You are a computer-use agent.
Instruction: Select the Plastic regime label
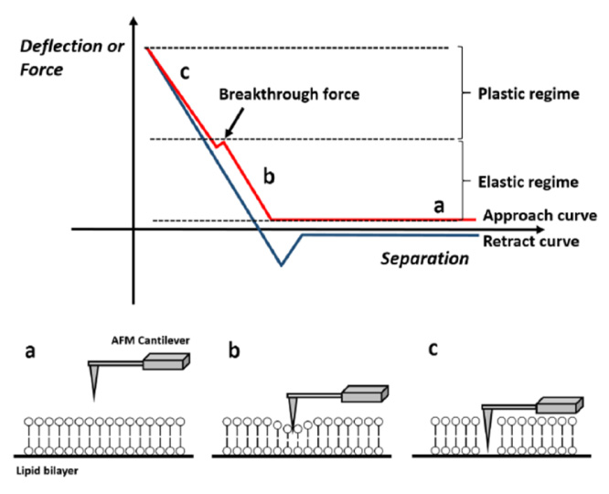517,93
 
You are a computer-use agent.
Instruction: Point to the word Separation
424,259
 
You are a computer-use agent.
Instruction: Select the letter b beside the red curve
269,176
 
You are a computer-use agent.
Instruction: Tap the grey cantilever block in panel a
168,360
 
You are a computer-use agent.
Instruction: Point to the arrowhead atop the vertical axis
135,19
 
